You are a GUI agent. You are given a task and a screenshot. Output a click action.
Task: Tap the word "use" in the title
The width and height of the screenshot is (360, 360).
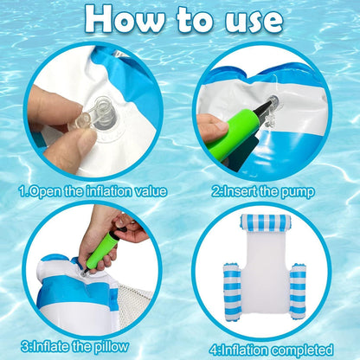(x=250, y=19)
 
